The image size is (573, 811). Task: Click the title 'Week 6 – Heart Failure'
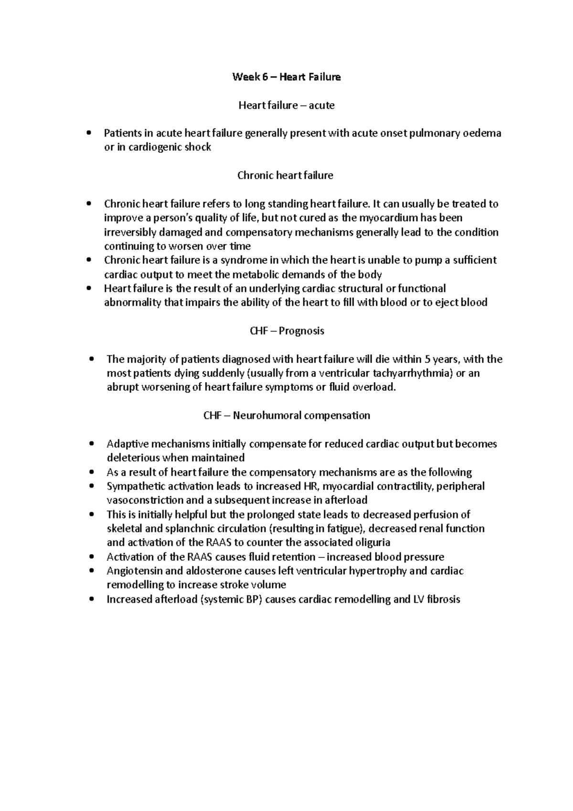[x=286, y=77]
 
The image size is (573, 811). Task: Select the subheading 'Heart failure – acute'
[x=286, y=105]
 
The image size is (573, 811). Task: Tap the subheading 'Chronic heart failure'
[x=286, y=175]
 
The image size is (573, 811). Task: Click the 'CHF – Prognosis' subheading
[x=286, y=331]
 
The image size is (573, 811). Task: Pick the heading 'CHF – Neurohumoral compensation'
[x=286, y=415]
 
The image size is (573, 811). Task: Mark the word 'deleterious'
[x=133, y=458]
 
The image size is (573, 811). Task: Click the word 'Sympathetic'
[x=136, y=486]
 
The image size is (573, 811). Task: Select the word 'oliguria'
[x=371, y=543]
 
